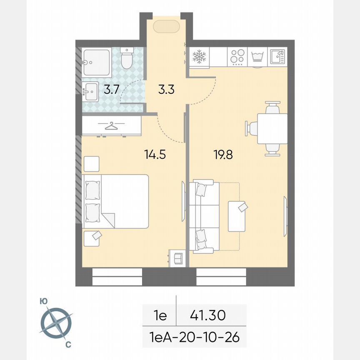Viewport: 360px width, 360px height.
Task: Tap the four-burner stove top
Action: coord(237,57)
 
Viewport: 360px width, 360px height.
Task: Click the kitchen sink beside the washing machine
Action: coord(277,57)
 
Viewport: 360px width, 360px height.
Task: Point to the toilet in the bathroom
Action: coord(126,58)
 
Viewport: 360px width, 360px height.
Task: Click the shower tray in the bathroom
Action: coord(96,62)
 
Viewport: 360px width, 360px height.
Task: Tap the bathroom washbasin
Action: coord(90,91)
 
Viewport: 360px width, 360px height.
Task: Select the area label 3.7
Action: coord(111,90)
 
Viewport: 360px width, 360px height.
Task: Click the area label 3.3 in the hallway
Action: coord(166,90)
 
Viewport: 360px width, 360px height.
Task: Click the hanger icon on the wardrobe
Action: coord(111,125)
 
